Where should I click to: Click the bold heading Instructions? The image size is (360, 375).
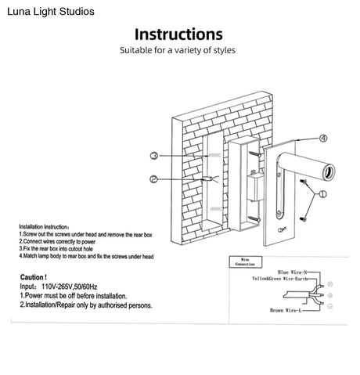click(178, 34)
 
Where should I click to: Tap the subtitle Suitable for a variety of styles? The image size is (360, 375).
click(178, 51)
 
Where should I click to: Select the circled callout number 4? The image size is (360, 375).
click(322, 139)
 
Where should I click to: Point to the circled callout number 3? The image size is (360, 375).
click(155, 156)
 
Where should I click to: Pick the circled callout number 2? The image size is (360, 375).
click(154, 179)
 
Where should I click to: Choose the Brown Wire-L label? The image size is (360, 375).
click(286, 311)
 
